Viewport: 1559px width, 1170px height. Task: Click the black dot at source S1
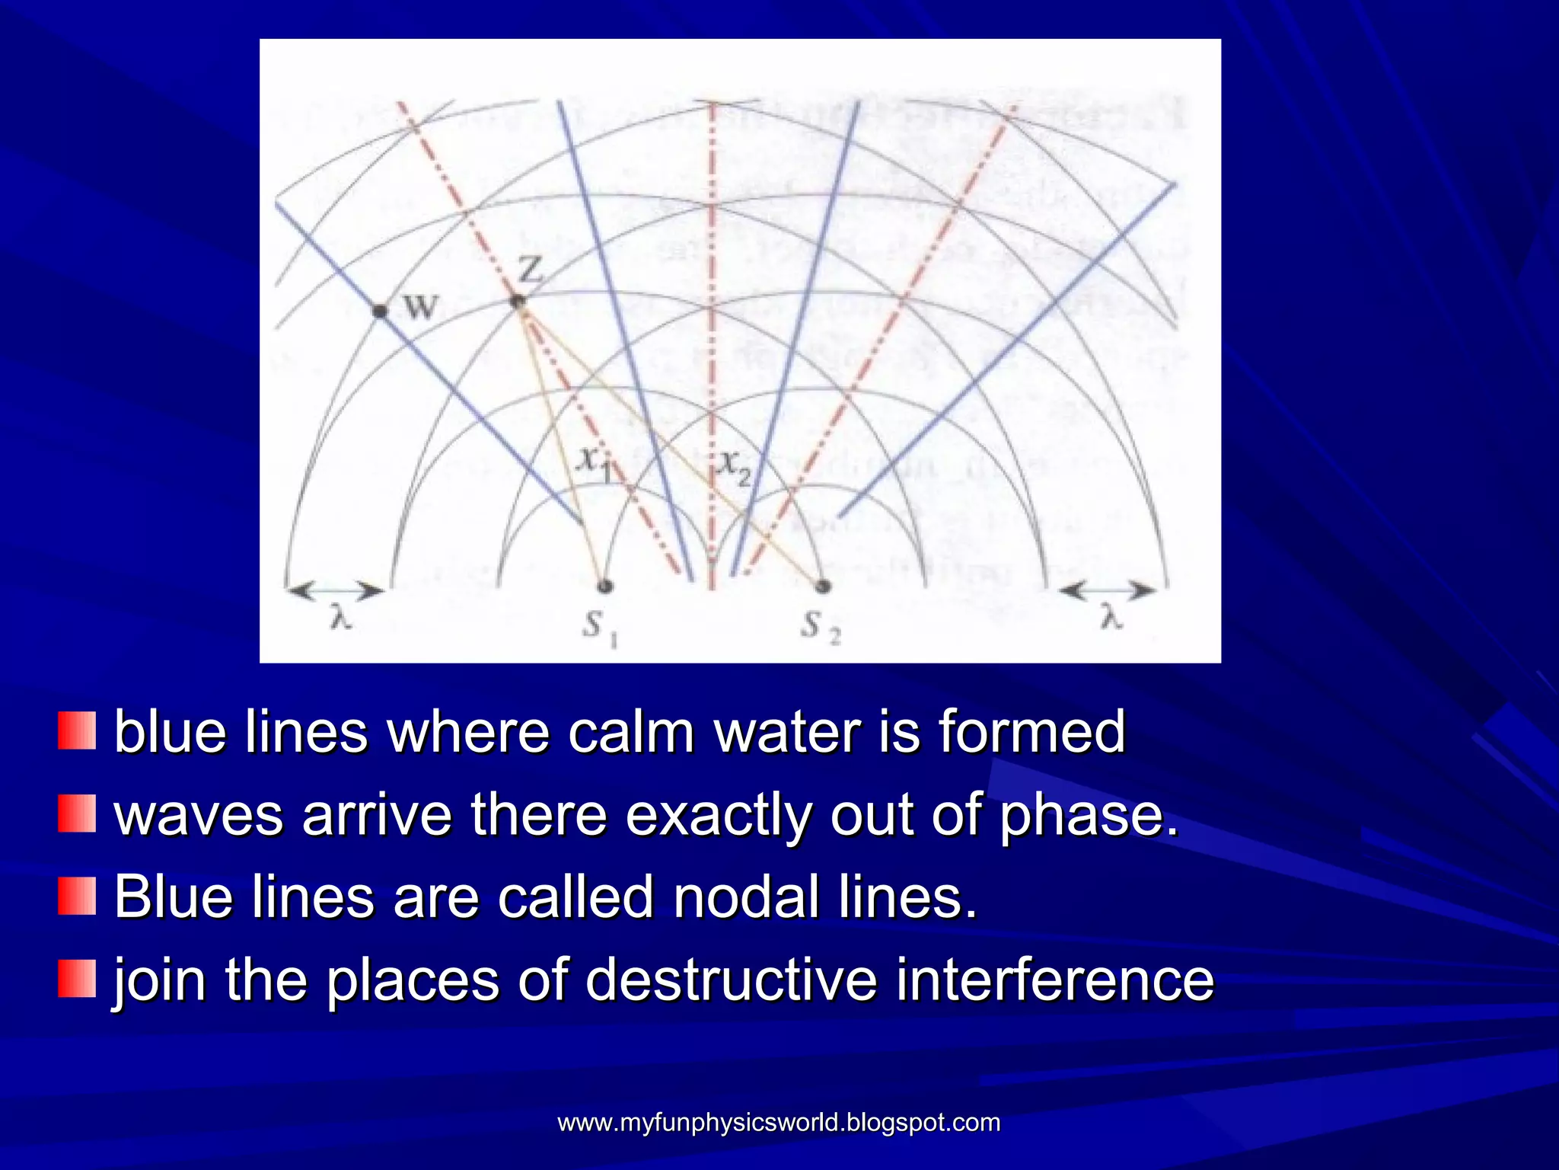(604, 586)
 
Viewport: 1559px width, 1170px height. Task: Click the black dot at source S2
(822, 586)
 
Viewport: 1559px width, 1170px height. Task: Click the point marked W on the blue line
(380, 311)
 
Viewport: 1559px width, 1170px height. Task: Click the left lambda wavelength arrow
(335, 590)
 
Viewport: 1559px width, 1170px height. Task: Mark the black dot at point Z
(518, 302)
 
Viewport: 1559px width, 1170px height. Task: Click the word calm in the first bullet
(631, 731)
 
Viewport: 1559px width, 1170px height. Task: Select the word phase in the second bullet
(1088, 814)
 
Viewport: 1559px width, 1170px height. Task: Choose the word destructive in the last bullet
(732, 980)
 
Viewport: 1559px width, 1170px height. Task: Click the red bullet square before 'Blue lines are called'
(77, 897)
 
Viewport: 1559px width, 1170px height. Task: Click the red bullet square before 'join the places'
(77, 979)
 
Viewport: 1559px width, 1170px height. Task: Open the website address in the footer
(779, 1122)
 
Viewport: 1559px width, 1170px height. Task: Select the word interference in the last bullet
(1054, 980)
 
